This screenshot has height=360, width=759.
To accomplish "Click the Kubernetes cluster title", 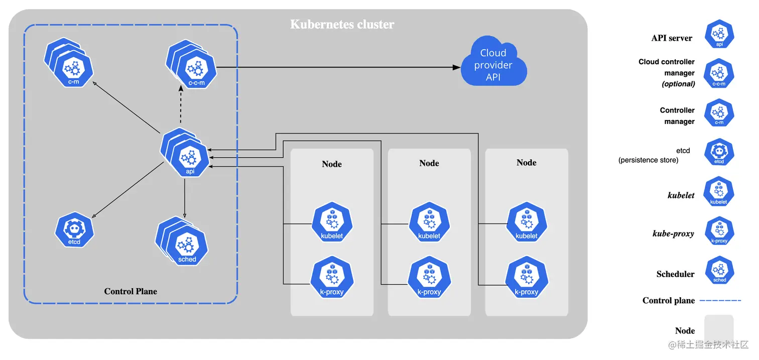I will point(342,24).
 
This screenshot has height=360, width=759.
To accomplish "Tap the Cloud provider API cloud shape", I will point(493,65).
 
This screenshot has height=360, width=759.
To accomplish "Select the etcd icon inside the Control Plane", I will point(75,230).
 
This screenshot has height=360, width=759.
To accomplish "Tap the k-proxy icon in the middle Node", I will point(429,278).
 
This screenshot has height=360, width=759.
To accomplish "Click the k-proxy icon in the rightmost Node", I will point(526,278).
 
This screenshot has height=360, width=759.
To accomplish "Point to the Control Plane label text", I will point(131,291).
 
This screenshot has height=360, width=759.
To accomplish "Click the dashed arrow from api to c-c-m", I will point(180,108).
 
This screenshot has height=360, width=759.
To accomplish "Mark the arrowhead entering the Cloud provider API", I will point(456,67).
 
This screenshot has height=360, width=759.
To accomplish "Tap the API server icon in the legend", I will point(719,34).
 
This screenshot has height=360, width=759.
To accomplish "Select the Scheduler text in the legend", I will point(675,274).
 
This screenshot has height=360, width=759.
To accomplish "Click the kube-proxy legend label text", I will point(673,233).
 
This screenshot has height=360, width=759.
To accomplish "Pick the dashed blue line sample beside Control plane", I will point(720,300).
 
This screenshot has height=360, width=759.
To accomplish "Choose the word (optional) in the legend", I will point(678,84).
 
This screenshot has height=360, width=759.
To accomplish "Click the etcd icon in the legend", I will point(719,152).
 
